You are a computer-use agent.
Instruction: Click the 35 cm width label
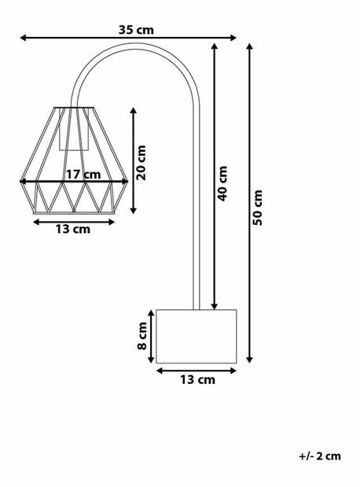[135, 29]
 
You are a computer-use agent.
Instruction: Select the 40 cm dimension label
[222, 183]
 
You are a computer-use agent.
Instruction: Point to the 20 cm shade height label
[141, 162]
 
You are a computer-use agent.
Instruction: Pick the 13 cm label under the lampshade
[72, 230]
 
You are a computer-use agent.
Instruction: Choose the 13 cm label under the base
[197, 380]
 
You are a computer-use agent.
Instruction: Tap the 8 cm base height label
[142, 335]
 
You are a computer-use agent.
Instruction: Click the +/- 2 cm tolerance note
[320, 456]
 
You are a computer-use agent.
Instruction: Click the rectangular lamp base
[197, 336]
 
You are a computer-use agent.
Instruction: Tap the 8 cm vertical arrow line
[152, 336]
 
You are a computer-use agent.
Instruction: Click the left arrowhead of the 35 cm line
[23, 37]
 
